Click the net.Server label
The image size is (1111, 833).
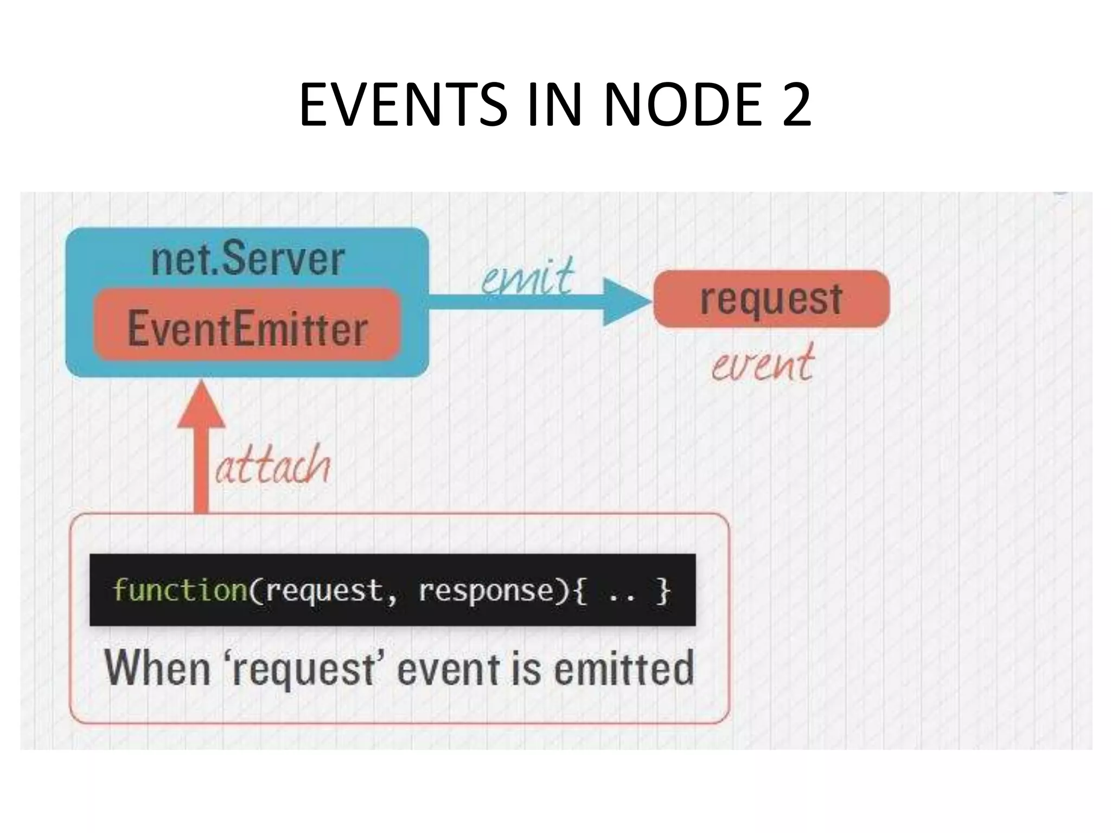(x=247, y=259)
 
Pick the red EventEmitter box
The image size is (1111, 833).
(x=247, y=327)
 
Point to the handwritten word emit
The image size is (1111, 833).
(x=527, y=277)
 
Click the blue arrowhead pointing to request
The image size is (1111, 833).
(x=624, y=302)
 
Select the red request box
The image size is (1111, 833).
(x=771, y=299)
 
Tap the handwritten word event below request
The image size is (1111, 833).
(x=762, y=363)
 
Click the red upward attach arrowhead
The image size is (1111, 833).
(x=201, y=406)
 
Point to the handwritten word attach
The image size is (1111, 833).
(x=273, y=465)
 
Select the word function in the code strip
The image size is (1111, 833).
(x=180, y=589)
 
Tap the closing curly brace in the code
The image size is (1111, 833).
(x=663, y=591)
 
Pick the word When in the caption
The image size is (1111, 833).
(x=157, y=668)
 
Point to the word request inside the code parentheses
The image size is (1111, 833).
(x=324, y=591)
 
